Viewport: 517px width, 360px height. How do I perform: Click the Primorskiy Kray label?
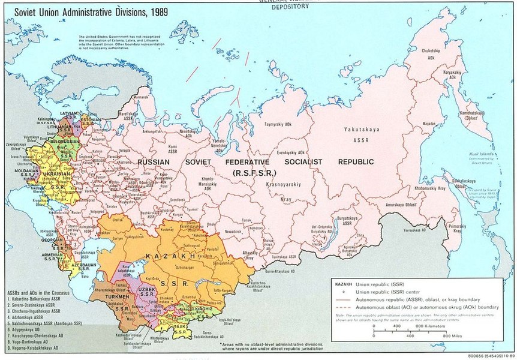tap(467, 228)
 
